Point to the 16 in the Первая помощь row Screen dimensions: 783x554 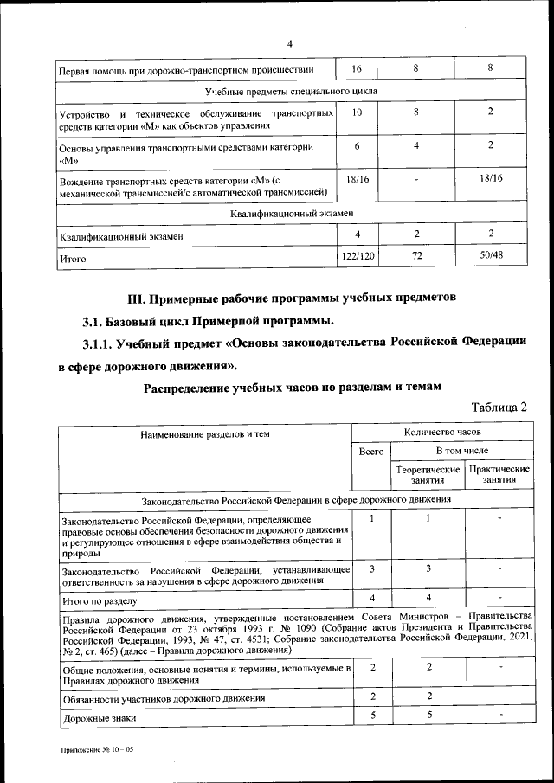pos(358,67)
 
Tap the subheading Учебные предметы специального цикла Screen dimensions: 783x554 pos(290,90)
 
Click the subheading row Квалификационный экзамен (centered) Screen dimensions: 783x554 pos(290,212)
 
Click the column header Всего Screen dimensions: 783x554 pos(370,451)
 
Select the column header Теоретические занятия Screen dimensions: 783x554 pos(427,473)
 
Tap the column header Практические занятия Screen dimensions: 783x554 pos(499,473)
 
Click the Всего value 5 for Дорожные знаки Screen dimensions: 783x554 pos(371,716)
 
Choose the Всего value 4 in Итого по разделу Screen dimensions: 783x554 pos(371,599)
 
